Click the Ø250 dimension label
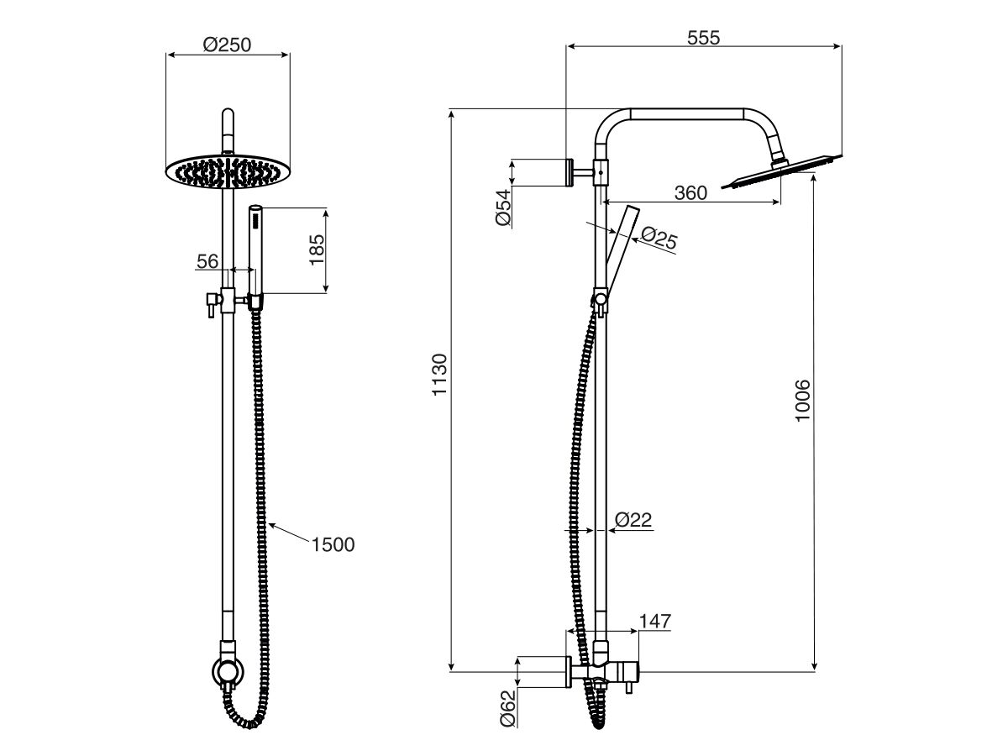click(227, 45)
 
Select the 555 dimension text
click(703, 37)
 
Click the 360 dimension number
click(690, 193)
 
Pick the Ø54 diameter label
click(502, 207)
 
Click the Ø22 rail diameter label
click(633, 521)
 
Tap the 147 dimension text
click(654, 622)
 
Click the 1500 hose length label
click(333, 544)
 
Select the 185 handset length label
click(317, 249)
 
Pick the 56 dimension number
click(207, 261)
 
